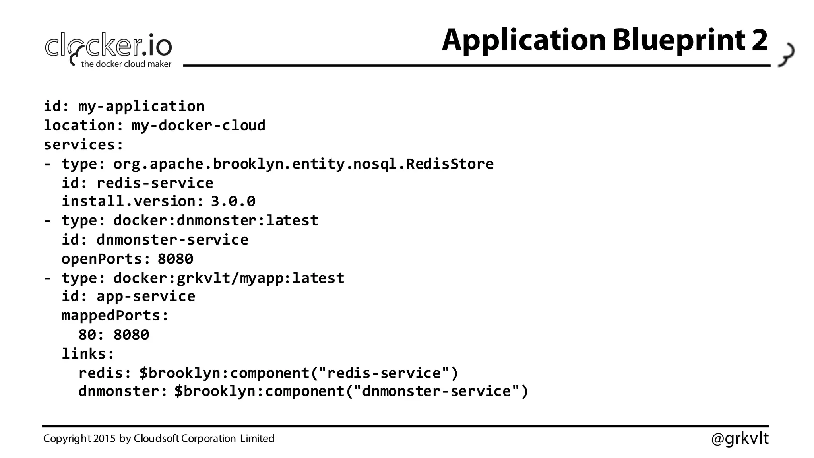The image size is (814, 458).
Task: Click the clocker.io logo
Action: (x=108, y=47)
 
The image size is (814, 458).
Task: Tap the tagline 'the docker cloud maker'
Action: (x=126, y=64)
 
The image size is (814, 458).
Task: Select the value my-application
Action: (x=141, y=107)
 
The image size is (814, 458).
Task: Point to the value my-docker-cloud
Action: (x=198, y=126)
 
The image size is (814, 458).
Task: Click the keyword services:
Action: (x=83, y=145)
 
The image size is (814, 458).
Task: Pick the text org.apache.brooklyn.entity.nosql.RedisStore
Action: (x=303, y=164)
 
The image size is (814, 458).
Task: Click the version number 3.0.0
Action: (x=233, y=201)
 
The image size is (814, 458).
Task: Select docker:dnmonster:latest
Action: (x=216, y=220)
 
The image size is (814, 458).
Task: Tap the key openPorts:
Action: (x=106, y=259)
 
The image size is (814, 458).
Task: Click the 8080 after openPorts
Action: (x=175, y=259)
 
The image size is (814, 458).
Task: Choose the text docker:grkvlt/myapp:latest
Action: (x=229, y=278)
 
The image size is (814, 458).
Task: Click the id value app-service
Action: (x=146, y=296)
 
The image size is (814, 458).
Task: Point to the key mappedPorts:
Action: (x=115, y=316)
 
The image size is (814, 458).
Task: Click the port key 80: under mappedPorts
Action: (x=91, y=335)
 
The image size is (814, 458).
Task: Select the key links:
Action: (x=88, y=354)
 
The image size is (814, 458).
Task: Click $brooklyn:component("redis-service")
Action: (x=299, y=373)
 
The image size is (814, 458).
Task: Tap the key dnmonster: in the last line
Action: (x=123, y=391)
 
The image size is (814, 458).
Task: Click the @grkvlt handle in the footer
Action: (x=739, y=439)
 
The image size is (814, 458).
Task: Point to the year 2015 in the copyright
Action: (x=105, y=439)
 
